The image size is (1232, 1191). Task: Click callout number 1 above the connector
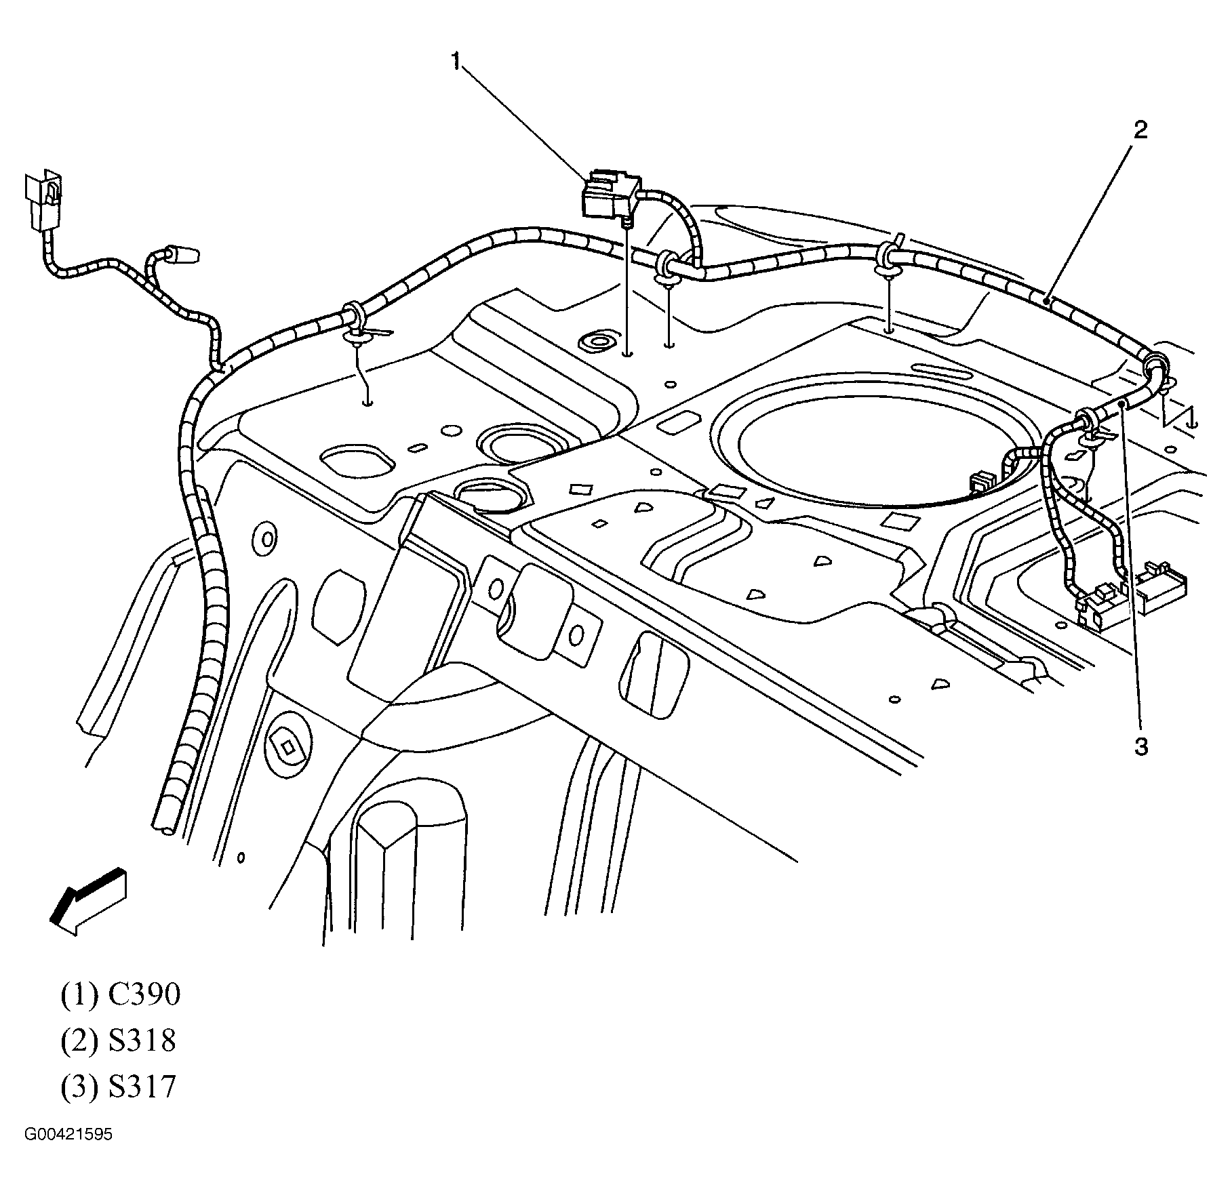pyautogui.click(x=456, y=62)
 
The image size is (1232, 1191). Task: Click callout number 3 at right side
pyautogui.click(x=1142, y=747)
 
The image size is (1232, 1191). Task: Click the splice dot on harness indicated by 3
pyautogui.click(x=1122, y=403)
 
